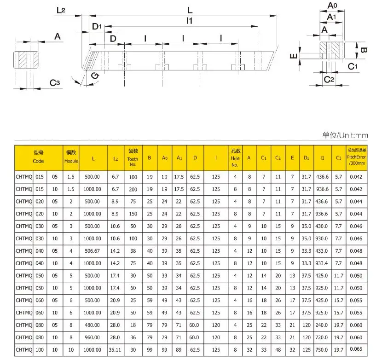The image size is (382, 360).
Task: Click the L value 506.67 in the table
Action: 93,250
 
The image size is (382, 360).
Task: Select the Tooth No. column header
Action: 133,158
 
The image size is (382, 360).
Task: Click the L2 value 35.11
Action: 116,349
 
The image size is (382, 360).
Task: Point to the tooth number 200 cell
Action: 133,189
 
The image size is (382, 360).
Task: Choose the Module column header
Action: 71,158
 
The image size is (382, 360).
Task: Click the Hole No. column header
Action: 235,158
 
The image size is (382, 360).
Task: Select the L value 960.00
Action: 93,337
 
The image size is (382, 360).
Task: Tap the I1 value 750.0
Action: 322,349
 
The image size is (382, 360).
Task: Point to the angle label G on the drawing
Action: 94,76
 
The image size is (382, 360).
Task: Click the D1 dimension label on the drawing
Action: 97,27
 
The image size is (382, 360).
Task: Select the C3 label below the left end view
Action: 55,82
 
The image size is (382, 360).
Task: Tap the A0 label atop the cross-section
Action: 332,6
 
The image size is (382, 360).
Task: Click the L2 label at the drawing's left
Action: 62,10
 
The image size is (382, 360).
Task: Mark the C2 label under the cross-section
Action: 329,79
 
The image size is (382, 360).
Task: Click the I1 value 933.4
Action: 322,263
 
